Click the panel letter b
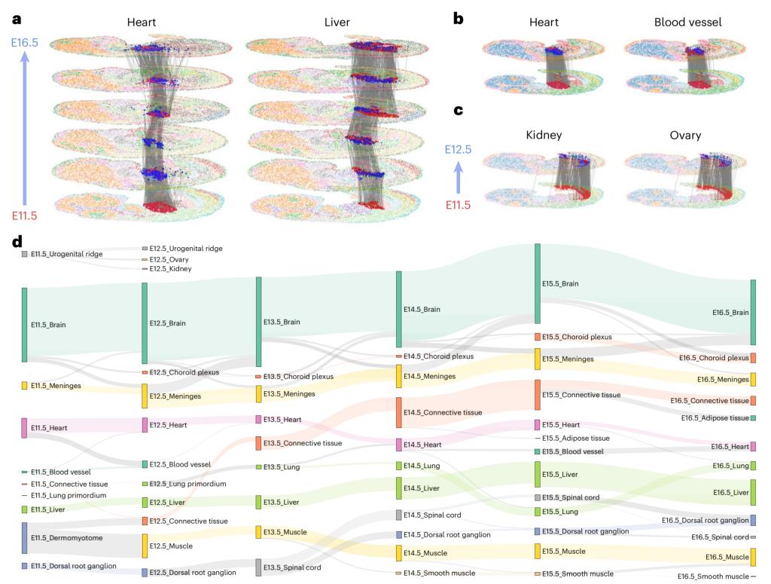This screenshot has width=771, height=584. click(x=458, y=17)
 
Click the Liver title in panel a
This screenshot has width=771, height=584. click(x=337, y=23)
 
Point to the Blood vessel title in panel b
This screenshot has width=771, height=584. click(x=687, y=23)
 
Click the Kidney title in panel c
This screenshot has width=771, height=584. click(x=544, y=136)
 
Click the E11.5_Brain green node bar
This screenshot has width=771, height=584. click(x=25, y=325)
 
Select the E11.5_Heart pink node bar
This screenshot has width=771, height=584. click(x=25, y=428)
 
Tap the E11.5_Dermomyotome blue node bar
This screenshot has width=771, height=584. click(x=25, y=538)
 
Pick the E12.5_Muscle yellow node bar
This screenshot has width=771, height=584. click(x=145, y=546)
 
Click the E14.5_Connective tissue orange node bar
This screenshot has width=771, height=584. click(x=399, y=412)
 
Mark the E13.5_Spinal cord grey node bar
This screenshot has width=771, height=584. click(x=258, y=567)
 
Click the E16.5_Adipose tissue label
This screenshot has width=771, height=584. click(x=715, y=418)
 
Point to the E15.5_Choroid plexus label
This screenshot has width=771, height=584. click(x=577, y=337)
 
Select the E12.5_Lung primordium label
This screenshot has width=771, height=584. click(x=187, y=484)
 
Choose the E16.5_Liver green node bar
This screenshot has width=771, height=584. click(x=752, y=492)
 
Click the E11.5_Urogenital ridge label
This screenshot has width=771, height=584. click(x=67, y=254)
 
